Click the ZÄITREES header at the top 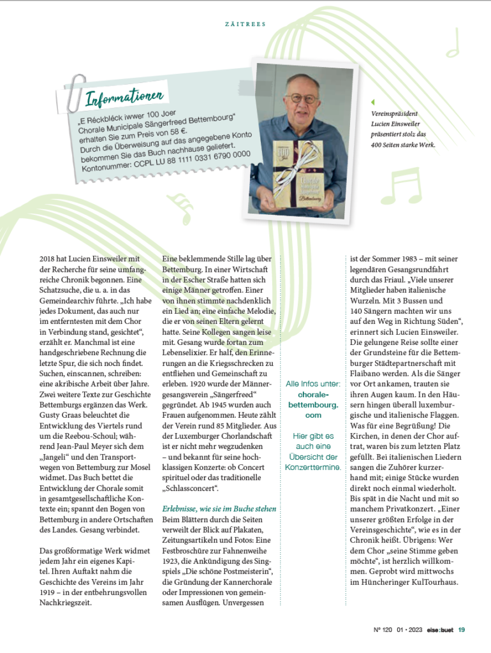pos(246,24)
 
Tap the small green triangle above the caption pos(373,102)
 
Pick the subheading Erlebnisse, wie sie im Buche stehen pos(219,509)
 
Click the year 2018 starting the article pos(48,259)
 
